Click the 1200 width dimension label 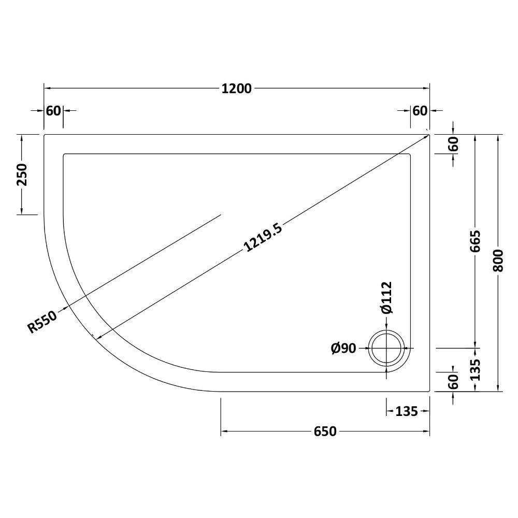237,89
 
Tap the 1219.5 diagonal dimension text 263,237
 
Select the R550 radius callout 42,322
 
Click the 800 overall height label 497,261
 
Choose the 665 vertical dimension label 474,241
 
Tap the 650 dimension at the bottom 325,431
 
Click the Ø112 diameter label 386,297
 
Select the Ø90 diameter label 344,348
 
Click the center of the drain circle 386,348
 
